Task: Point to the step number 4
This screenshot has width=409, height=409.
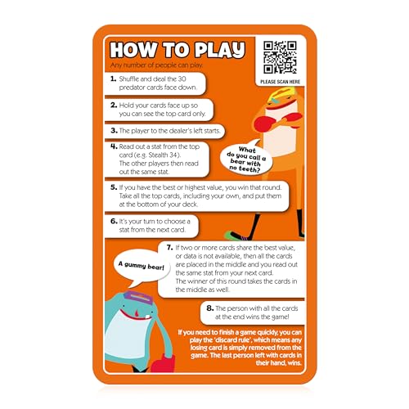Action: click(114, 147)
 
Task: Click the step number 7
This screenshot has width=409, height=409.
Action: click(169, 246)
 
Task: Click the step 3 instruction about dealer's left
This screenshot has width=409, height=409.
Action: click(166, 130)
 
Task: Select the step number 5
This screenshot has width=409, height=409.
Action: click(113, 187)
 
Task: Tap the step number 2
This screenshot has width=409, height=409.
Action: click(113, 105)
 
